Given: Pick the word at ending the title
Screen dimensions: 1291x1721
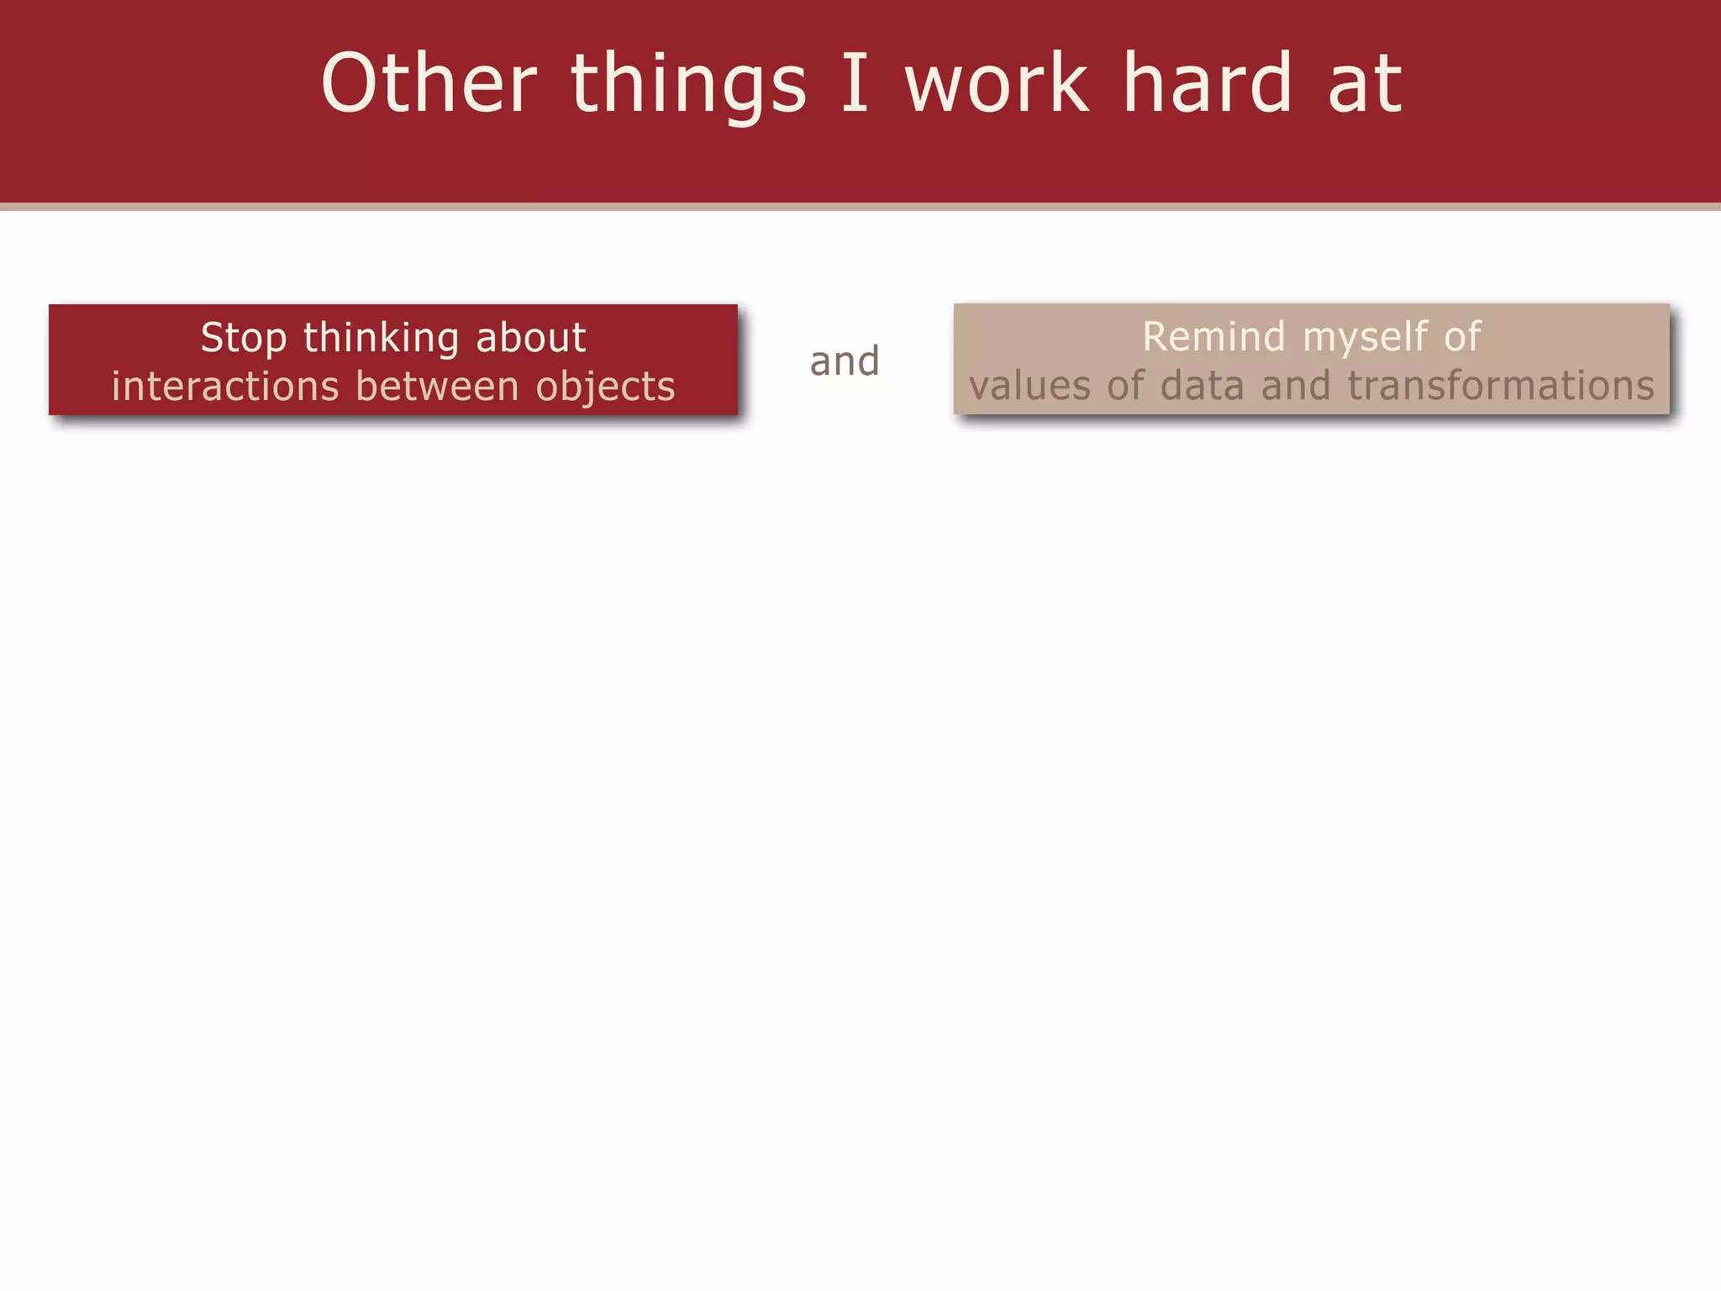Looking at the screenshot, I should pos(1366,84).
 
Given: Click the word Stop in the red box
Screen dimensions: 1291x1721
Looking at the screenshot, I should pos(244,339).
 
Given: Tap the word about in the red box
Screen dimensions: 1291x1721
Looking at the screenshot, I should pos(531,338).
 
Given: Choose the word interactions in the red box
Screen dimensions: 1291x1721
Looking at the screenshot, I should pos(225,387).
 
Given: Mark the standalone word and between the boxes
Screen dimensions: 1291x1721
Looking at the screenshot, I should pos(845,361).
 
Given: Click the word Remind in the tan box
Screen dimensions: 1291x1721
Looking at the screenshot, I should pos(1214,337).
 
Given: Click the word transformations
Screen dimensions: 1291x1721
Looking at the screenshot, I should pos(1501,386).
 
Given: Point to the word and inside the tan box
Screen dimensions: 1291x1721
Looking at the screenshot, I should pos(1296,386).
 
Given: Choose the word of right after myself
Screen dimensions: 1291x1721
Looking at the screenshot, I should pos(1463,337).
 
